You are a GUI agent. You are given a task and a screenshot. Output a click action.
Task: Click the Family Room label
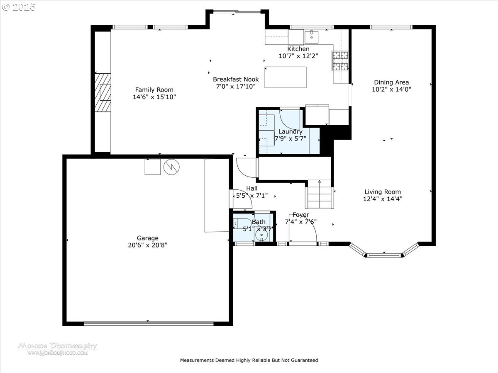coord(154,90)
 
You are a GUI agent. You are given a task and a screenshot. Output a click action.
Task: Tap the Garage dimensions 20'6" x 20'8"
coord(148,245)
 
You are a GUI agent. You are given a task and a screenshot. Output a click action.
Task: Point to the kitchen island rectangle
coord(286,77)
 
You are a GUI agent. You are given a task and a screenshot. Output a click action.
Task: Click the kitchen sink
coord(311,37)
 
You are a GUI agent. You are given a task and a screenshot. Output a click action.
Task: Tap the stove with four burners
coord(339,61)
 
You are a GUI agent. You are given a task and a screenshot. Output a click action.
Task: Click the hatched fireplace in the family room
coord(103,92)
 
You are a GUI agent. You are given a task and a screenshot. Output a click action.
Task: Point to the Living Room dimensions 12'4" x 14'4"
coord(383,199)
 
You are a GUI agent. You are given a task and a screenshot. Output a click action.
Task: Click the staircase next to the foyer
coord(320,195)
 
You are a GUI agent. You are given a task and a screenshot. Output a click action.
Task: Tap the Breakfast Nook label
coord(236,79)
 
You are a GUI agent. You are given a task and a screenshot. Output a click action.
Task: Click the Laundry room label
coord(290,132)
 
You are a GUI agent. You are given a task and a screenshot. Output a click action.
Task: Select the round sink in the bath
coord(261,236)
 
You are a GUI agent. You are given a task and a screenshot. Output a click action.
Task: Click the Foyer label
coord(300,215)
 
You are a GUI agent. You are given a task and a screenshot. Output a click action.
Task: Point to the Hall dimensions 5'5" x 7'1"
coord(252,195)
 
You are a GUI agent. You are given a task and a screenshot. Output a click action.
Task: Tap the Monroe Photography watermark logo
coord(57,349)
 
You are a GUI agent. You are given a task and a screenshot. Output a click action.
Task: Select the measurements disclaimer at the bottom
coord(249,360)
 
